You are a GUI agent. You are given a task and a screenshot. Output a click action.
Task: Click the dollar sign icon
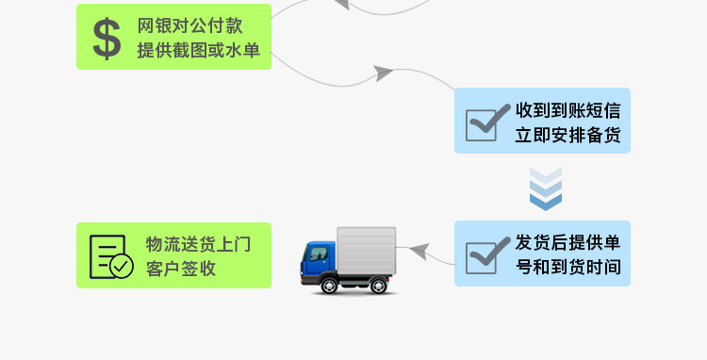[107, 39]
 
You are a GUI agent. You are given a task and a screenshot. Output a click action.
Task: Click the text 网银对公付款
[189, 25]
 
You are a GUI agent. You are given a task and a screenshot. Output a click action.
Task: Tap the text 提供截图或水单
[198, 50]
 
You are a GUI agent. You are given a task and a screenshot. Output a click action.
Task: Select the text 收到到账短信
[568, 110]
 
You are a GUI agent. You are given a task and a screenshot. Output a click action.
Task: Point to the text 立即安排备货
[568, 135]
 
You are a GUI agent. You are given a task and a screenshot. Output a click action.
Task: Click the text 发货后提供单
[568, 243]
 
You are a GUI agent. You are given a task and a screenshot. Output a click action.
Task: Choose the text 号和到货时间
[568, 268]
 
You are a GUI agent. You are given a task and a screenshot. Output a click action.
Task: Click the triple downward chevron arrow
[546, 188]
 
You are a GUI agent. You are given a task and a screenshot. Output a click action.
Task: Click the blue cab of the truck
[319, 260]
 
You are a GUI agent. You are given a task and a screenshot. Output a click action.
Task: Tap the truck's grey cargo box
[366, 251]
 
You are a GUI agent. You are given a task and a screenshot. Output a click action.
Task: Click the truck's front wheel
[329, 286]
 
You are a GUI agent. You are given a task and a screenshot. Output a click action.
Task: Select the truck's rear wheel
[378, 286]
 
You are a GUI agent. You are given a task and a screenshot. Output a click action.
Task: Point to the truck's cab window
[319, 254]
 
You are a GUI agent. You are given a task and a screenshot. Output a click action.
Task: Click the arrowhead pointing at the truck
[419, 251]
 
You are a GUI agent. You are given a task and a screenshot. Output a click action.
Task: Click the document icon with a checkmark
[111, 257]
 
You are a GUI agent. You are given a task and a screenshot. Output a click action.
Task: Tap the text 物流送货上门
[198, 244]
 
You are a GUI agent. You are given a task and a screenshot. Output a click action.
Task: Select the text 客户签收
[181, 269]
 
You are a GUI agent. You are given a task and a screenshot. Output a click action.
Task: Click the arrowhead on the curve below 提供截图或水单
[384, 73]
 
